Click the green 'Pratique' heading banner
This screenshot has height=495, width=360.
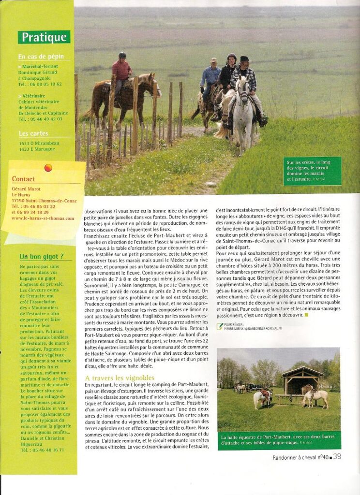tap(44, 37)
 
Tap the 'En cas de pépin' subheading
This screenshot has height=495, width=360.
tap(40, 56)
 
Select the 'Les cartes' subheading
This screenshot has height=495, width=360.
tap(34, 133)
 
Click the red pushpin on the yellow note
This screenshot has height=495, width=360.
tap(48, 168)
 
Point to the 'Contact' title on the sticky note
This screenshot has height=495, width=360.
tap(23, 179)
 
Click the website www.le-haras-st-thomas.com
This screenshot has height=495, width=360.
tap(43, 218)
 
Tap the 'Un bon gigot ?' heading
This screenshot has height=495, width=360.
tap(42, 257)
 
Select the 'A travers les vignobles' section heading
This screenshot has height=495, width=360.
tap(120, 378)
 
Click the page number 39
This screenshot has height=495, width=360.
tap(337, 456)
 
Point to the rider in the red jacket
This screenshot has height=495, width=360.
tap(121, 72)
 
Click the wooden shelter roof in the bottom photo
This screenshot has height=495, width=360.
tap(302, 373)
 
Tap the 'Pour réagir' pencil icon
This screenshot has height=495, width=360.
tap(220, 326)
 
